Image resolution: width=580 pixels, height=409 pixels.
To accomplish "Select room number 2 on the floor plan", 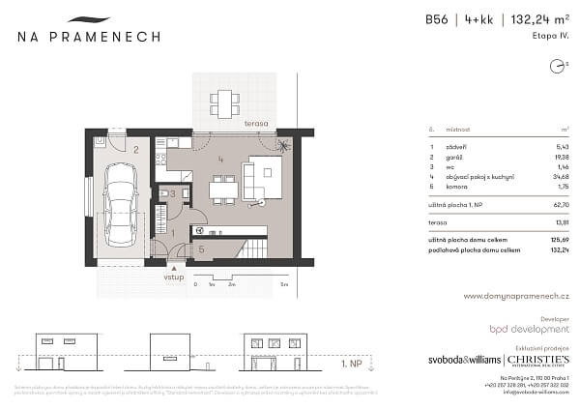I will (137, 150).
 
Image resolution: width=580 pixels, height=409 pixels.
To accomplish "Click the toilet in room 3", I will (161, 193).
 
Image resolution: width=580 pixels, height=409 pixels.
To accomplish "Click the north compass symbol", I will (556, 67).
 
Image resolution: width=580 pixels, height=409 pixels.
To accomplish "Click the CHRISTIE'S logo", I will (536, 357).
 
